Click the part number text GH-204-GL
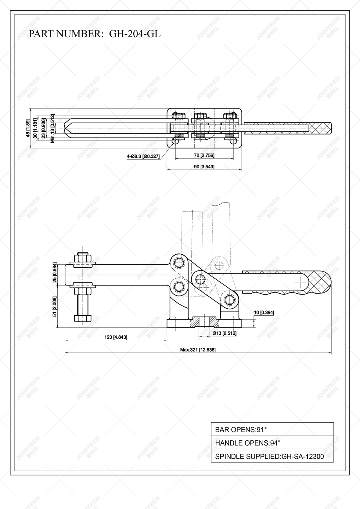(135, 34)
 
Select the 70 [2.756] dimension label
(204, 156)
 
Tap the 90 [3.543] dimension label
(204, 167)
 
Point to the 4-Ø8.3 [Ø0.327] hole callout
(143, 156)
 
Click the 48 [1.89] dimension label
(28, 128)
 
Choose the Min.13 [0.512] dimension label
(52, 128)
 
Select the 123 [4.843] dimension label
(116, 337)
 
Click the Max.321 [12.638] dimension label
(198, 350)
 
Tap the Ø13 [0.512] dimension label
(224, 333)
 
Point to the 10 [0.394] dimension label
(264, 312)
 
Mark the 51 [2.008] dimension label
(55, 306)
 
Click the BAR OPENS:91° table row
(272, 430)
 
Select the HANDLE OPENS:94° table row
(272, 443)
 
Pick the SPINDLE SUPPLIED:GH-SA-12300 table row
(272, 457)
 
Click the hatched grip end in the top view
(320, 128)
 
